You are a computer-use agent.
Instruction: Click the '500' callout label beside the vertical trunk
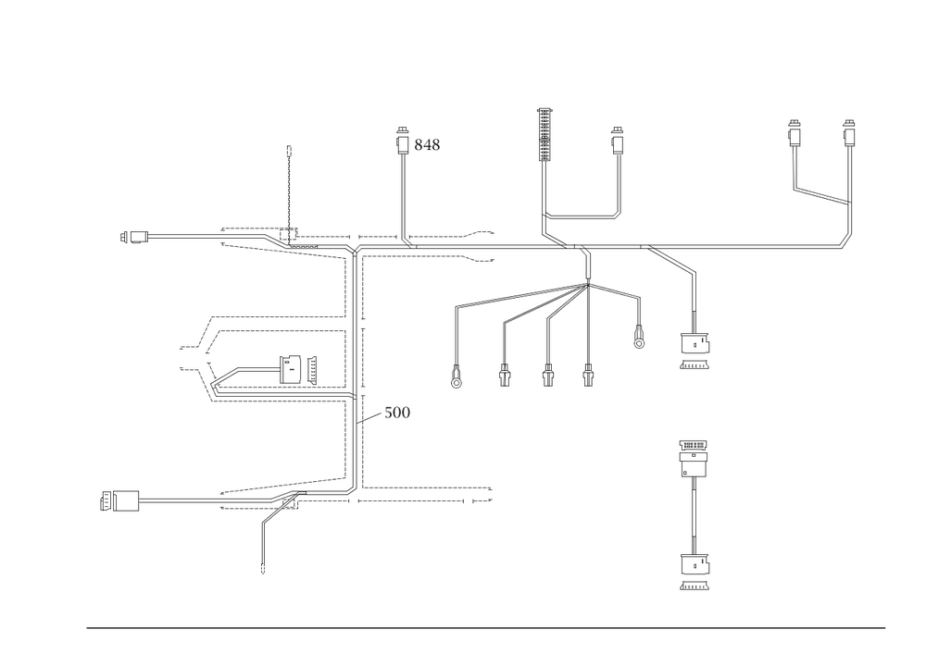coord(397,412)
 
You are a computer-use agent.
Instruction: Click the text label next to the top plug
coord(428,144)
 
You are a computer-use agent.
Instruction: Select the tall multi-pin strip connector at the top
coord(544,134)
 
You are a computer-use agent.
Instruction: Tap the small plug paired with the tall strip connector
coord(616,141)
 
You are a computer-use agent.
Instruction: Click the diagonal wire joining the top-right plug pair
coord(821,194)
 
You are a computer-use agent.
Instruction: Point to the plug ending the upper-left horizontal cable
coord(135,237)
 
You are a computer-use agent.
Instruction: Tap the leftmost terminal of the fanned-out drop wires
coord(456,377)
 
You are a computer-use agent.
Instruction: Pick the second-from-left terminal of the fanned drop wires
coord(505,377)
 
